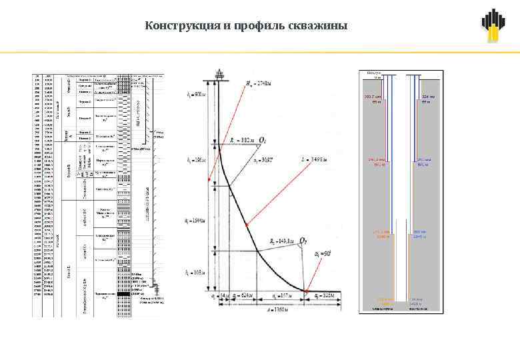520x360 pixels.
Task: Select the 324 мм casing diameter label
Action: (x=428, y=97)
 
